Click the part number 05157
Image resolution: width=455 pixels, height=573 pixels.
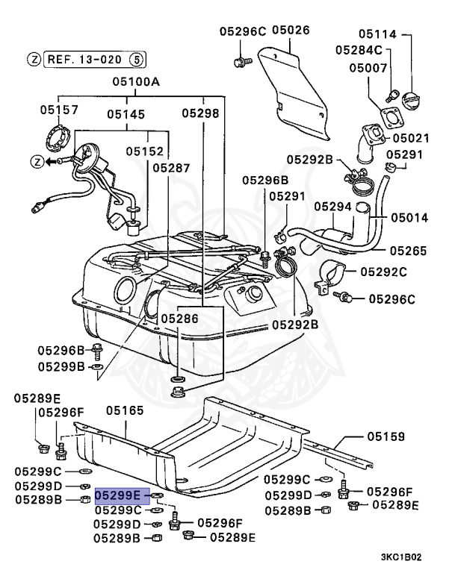(59, 110)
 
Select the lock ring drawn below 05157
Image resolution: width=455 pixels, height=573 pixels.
(58, 140)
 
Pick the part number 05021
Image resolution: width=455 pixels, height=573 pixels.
(413, 138)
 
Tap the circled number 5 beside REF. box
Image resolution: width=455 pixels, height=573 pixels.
(136, 58)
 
